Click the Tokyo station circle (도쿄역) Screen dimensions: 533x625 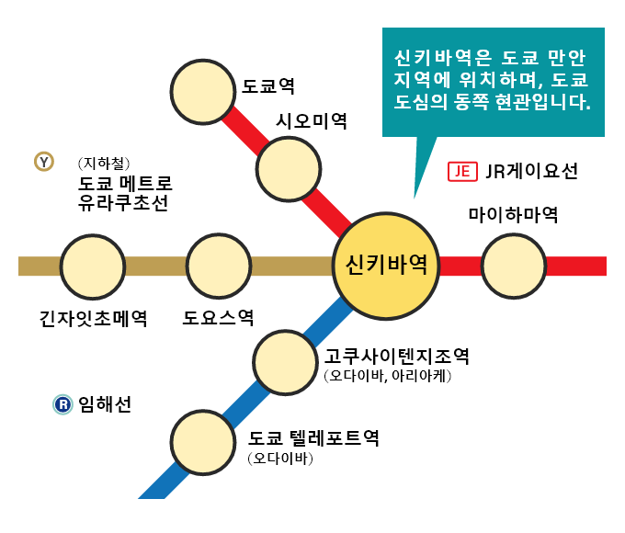tap(203, 90)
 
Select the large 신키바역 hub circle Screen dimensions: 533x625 tap(386, 266)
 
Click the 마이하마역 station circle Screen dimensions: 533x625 tap(513, 266)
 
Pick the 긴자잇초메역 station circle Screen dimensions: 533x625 tap(93, 266)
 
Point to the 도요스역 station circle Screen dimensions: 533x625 tap(219, 266)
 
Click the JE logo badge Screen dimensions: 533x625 tap(461, 171)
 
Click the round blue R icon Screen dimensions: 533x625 tap(62, 403)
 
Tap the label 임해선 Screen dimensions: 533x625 tap(105, 403)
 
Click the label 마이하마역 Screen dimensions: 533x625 tap(513, 216)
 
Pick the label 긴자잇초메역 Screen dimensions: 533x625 tap(93, 319)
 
